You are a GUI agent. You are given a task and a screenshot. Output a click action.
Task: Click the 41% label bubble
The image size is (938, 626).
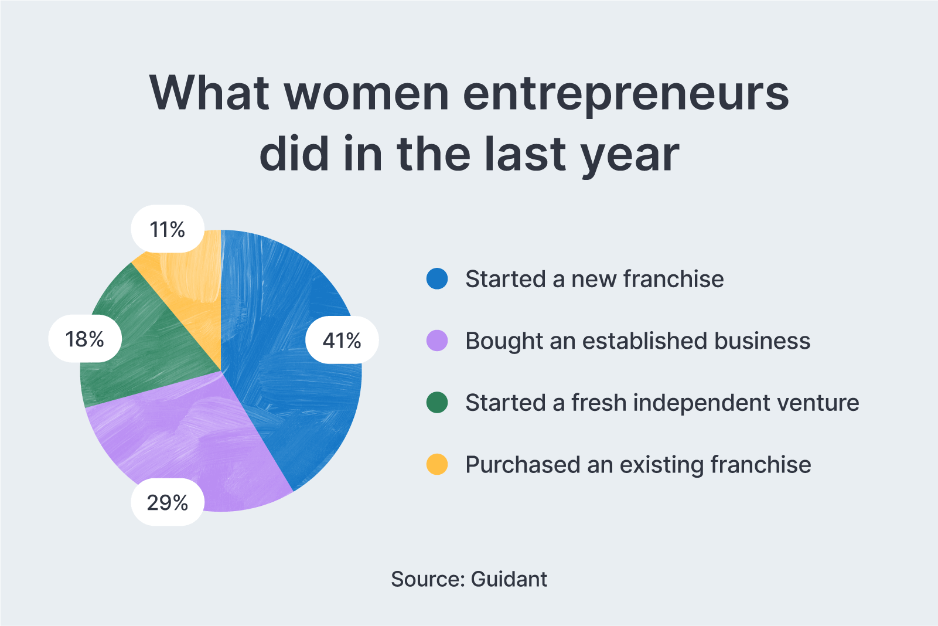(342, 340)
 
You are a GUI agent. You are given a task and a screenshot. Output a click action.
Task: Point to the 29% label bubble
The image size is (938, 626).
(168, 502)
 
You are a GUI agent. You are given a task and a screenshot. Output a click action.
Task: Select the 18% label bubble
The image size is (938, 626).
(85, 339)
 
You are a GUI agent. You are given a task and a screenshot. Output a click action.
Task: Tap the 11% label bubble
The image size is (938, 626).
(168, 229)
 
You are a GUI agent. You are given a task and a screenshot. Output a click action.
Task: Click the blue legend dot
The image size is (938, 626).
(437, 279)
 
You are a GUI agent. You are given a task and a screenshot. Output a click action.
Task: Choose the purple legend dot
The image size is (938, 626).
(437, 341)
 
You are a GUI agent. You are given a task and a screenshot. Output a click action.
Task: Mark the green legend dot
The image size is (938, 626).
(437, 403)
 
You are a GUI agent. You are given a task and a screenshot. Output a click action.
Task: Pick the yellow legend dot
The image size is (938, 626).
(437, 464)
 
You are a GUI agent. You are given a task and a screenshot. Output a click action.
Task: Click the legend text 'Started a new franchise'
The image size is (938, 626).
(594, 279)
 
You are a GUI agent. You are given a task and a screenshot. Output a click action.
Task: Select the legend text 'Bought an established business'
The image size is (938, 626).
(637, 341)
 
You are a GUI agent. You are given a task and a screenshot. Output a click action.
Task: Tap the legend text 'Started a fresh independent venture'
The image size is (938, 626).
(662, 403)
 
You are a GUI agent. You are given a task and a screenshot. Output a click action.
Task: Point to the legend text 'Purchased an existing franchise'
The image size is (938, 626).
(638, 464)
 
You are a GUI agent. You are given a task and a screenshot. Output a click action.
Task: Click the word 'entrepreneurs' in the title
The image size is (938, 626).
(626, 94)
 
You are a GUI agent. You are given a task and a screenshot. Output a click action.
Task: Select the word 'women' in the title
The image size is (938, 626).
(367, 94)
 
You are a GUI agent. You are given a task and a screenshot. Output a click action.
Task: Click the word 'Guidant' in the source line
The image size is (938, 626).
(509, 579)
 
